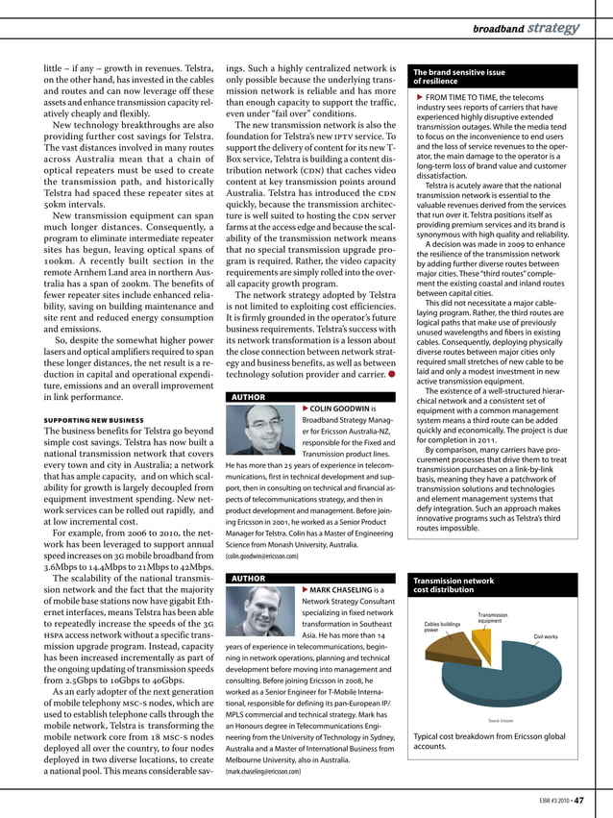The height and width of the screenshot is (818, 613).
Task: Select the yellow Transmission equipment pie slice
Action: coord(480,634)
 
